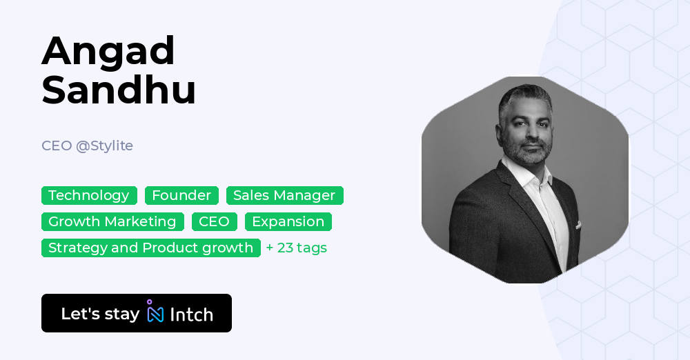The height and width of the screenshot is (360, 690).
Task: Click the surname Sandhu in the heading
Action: coord(119,90)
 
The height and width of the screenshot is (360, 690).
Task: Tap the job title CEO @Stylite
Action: coord(87,146)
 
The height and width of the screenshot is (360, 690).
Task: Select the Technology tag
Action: coord(89,195)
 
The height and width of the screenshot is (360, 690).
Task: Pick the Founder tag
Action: coord(181,195)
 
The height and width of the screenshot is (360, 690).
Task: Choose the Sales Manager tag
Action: coord(284,195)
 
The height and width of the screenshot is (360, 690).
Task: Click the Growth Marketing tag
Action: coord(112,221)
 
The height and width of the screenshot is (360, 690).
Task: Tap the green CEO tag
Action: coord(215,221)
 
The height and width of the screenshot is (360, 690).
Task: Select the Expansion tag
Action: coord(288,221)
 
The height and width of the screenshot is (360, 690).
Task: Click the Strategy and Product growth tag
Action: coord(150,248)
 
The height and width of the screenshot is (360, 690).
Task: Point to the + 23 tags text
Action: coord(297,248)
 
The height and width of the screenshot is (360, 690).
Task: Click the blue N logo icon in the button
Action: coord(155,313)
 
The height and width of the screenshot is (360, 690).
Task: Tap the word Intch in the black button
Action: coord(191,314)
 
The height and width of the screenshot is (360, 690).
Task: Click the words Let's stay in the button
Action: coord(100,314)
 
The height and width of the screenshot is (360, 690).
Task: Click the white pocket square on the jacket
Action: coord(578,225)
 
